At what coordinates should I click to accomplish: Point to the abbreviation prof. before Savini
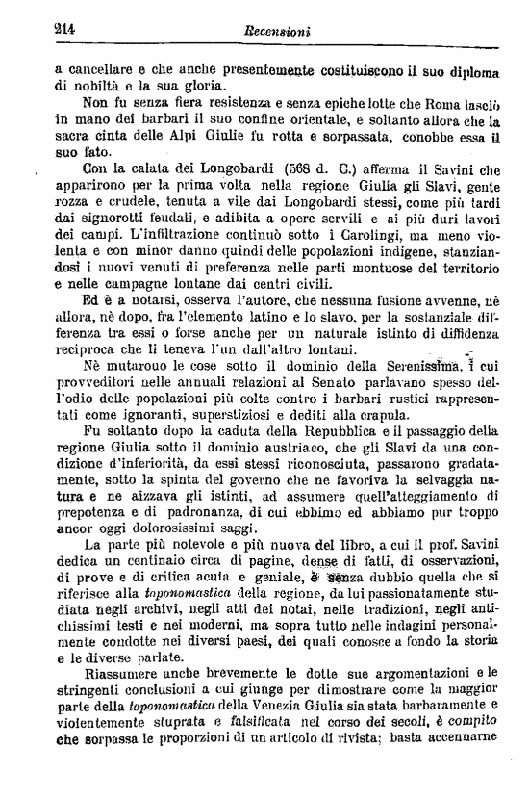412,546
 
